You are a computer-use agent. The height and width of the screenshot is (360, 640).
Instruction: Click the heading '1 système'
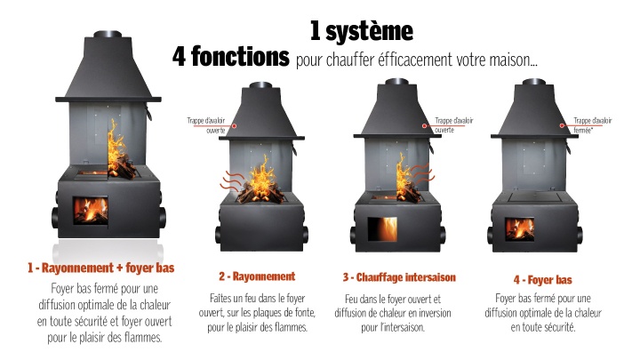pyautogui.click(x=362, y=31)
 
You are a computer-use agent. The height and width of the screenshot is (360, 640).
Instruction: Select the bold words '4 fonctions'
pyautogui.click(x=231, y=56)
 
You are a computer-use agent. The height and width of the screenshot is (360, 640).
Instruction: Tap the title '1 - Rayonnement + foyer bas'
pyautogui.click(x=100, y=268)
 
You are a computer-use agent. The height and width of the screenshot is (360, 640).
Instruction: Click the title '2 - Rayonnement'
pyautogui.click(x=257, y=276)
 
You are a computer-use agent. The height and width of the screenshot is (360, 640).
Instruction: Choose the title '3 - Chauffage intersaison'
pyautogui.click(x=399, y=277)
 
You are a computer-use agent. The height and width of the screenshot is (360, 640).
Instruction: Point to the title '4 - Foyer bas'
pyautogui.click(x=543, y=280)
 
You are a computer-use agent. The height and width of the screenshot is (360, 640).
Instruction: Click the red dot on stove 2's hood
pyautogui.click(x=235, y=125)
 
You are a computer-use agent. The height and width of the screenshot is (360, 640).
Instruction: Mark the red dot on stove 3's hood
pyautogui.click(x=425, y=125)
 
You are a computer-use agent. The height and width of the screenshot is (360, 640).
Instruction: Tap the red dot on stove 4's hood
pyautogui.click(x=562, y=125)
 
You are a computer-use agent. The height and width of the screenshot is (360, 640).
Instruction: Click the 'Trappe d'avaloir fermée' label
pyautogui.click(x=593, y=125)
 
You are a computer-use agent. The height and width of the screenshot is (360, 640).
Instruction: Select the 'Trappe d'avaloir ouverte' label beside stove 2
pyautogui.click(x=206, y=125)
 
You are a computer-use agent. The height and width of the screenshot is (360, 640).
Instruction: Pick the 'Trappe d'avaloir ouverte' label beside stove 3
pyautogui.click(x=454, y=125)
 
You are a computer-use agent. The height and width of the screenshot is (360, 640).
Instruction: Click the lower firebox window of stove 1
pyautogui.click(x=91, y=210)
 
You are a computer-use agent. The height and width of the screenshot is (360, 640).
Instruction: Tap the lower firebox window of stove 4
pyautogui.click(x=520, y=229)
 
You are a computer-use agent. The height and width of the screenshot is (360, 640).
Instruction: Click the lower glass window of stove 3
pyautogui.click(x=382, y=229)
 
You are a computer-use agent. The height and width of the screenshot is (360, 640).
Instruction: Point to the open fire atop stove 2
pyautogui.click(x=260, y=181)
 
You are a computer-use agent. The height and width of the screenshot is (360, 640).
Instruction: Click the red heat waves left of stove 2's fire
pyautogui.click(x=231, y=181)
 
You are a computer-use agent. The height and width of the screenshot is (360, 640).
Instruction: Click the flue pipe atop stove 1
pyautogui.click(x=108, y=35)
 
